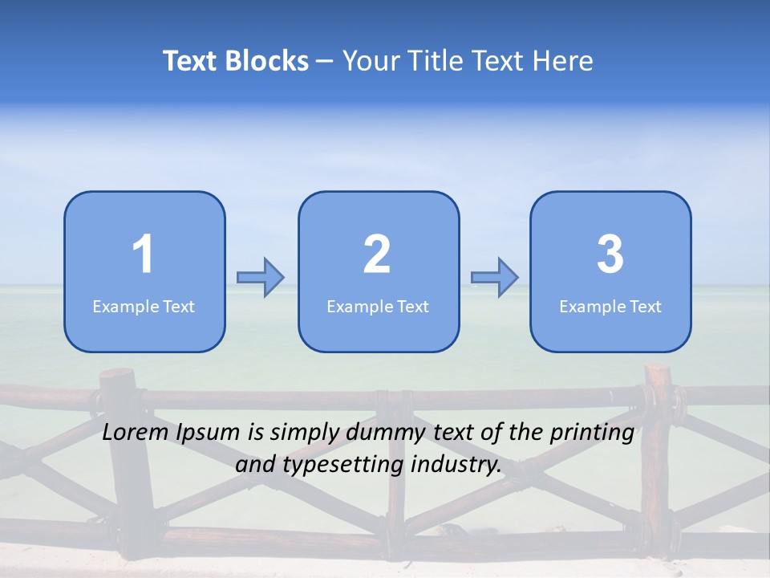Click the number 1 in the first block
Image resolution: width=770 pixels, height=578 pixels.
pos(144,254)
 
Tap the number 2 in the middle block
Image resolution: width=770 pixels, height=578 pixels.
pos(377,254)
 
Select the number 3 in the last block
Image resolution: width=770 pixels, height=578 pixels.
pos(610,254)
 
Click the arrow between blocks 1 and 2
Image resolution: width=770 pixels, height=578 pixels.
pos(261,278)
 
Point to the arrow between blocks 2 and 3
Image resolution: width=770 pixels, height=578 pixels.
pos(495,278)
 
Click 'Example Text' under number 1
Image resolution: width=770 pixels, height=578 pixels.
pos(144,307)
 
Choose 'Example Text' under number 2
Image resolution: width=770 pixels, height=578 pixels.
pos(378,307)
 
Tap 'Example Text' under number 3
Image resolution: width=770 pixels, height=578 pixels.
pos(610,307)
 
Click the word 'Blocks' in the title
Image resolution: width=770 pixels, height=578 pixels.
pos(266,61)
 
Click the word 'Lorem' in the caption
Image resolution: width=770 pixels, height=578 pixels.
pos(135,433)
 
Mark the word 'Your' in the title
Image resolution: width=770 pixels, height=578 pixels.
pos(368,61)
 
